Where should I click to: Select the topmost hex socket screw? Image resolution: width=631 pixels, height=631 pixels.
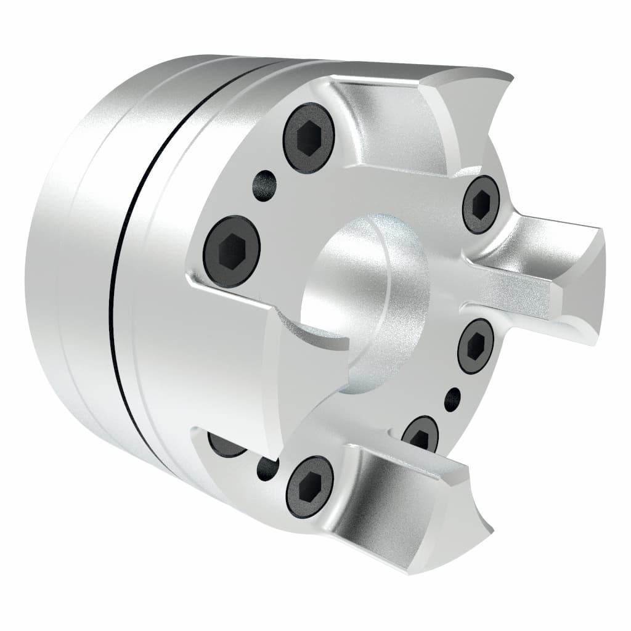[x=309, y=137]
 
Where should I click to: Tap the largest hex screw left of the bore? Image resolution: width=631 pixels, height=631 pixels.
[x=232, y=251]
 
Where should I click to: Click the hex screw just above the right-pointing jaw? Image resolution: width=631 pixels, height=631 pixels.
[x=481, y=204]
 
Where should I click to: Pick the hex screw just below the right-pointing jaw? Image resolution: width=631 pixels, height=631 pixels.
[x=475, y=346]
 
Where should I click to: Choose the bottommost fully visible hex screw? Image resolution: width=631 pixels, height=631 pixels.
[x=310, y=486]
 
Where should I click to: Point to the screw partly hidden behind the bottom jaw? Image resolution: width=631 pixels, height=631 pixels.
[x=421, y=435]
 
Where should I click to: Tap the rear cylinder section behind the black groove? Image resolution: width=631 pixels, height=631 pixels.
[x=62, y=277]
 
